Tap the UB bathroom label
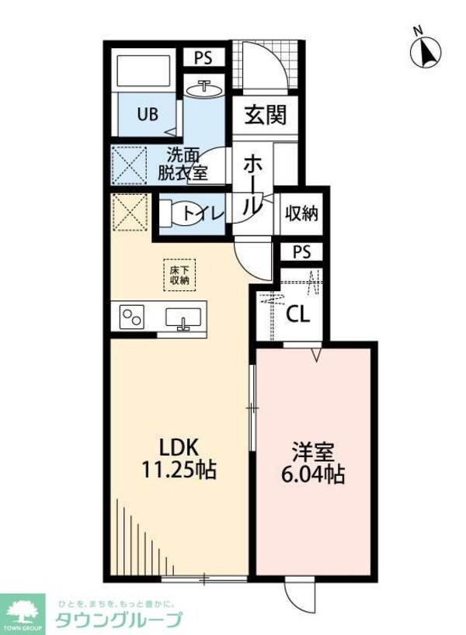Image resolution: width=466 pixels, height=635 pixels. [x=148, y=114]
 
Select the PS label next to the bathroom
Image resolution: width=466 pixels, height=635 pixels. [x=203, y=57]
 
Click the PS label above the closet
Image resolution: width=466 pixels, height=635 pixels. [x=302, y=252]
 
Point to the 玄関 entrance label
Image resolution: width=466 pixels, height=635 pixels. [x=266, y=115]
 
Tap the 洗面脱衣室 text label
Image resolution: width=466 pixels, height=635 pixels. [x=183, y=164]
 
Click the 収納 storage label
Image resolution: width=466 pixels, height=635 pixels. [x=301, y=213]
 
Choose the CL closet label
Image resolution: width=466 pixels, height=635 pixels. [x=296, y=314]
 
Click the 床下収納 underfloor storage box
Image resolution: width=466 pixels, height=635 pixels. [x=180, y=274]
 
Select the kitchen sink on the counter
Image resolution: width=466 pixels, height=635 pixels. [x=184, y=318]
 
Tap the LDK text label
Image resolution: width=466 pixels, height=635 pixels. [x=180, y=447]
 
